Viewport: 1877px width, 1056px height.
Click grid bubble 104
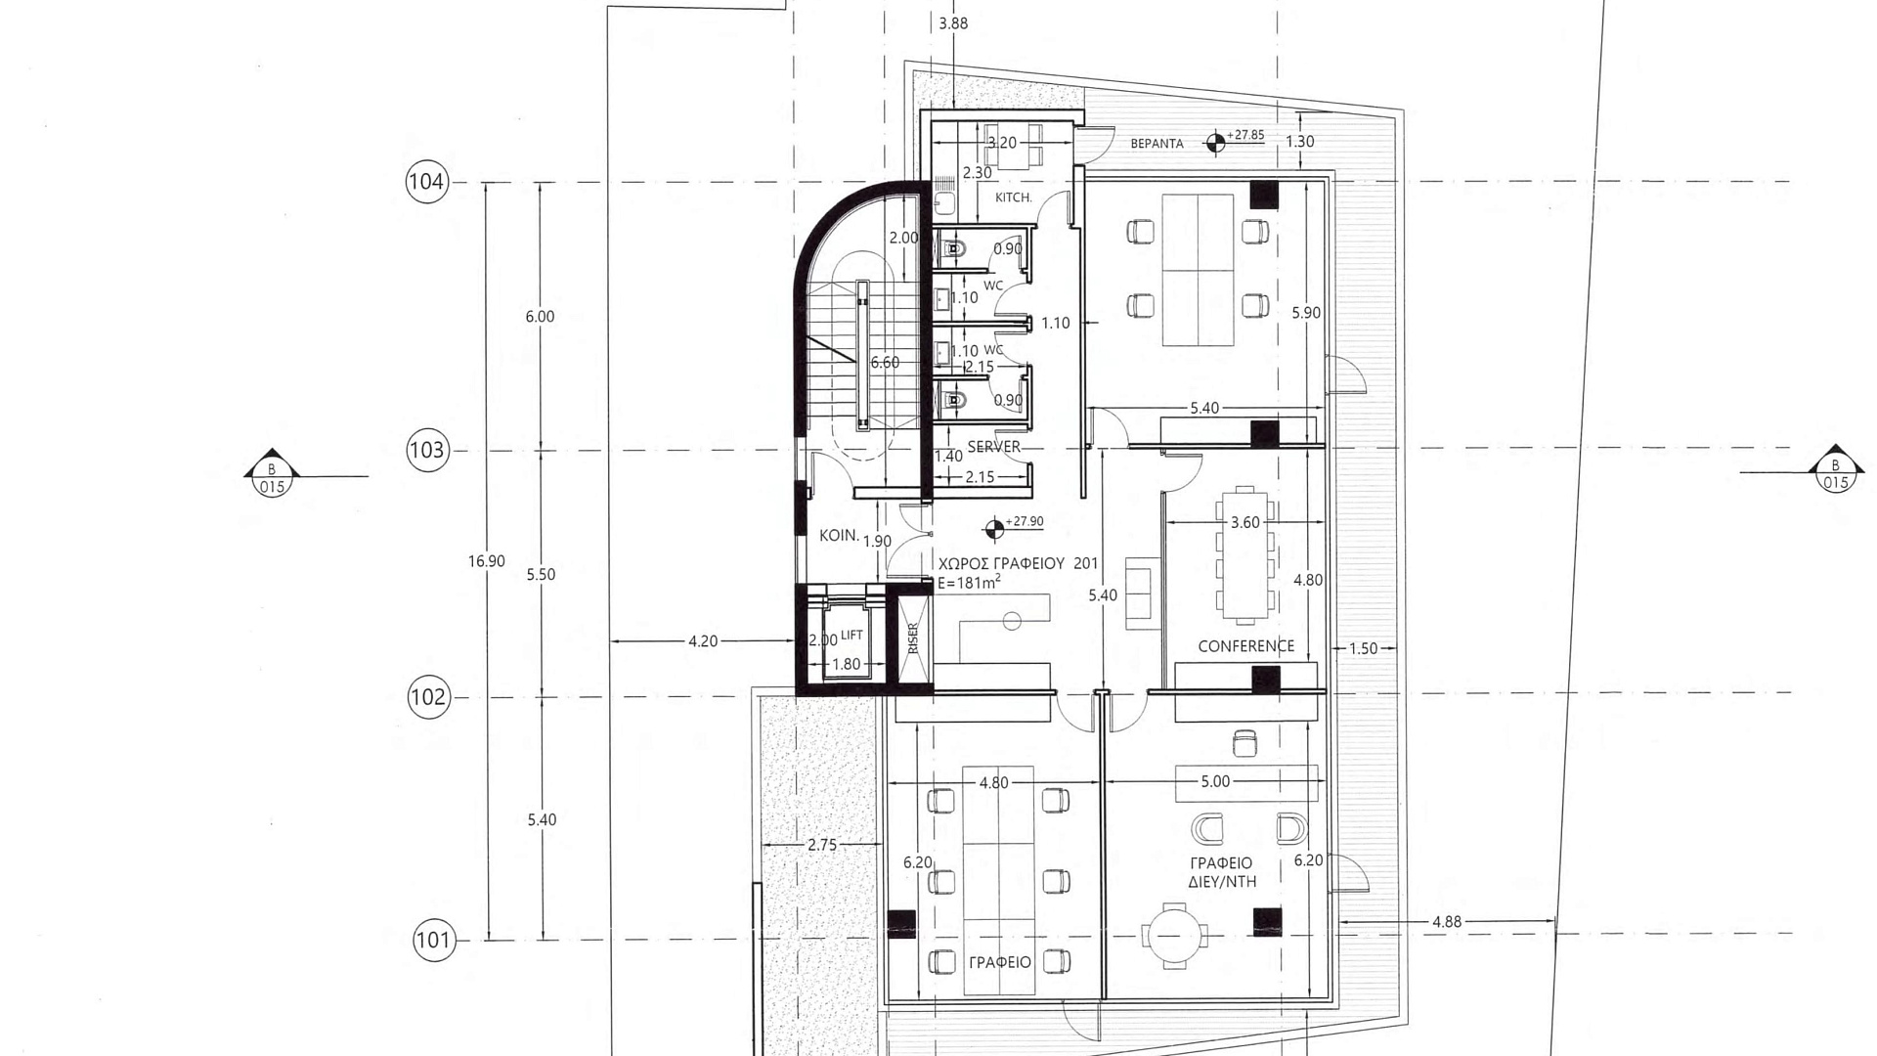[426, 182]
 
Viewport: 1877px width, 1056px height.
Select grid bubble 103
[427, 451]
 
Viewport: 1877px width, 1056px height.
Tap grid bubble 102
[429, 697]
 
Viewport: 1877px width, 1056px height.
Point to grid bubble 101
[434, 941]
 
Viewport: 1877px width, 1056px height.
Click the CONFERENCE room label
[1245, 646]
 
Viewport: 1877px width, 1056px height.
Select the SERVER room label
[993, 447]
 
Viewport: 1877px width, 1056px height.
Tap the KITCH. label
[1013, 198]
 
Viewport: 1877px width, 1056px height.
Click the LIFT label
[851, 635]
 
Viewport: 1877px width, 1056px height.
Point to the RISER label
[913, 638]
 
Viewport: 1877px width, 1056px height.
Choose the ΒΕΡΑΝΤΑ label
[1157, 144]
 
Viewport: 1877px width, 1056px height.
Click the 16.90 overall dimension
[487, 561]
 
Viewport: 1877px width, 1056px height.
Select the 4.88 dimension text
[1447, 922]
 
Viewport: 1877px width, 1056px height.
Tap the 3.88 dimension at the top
[953, 23]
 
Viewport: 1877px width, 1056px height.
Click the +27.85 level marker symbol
[1215, 144]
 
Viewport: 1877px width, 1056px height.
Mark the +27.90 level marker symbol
[994, 530]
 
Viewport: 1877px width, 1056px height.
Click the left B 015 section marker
[272, 473]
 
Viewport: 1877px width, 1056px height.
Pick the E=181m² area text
[969, 583]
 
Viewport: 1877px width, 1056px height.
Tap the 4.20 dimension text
[703, 641]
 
